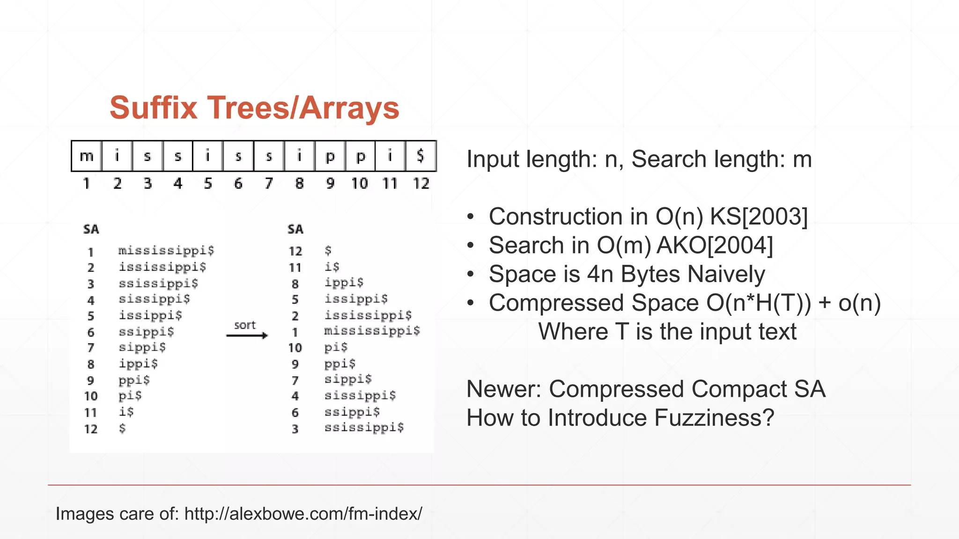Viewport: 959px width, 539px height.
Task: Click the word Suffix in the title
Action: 153,108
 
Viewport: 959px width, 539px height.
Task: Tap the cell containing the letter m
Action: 87,156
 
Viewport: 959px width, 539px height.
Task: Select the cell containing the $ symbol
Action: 420,156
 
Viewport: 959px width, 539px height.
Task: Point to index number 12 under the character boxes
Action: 420,183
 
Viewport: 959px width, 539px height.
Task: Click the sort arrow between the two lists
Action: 247,335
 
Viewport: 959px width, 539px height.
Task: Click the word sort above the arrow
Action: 245,325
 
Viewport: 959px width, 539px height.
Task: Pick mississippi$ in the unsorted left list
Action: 166,251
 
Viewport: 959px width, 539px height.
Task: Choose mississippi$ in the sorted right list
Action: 372,331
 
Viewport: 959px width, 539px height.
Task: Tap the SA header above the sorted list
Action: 295,229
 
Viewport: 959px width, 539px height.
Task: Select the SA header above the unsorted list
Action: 91,229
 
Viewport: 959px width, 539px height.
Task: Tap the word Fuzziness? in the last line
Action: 715,418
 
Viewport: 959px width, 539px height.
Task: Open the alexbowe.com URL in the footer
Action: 303,514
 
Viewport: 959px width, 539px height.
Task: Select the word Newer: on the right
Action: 504,389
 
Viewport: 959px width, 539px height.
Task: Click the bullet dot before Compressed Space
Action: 471,303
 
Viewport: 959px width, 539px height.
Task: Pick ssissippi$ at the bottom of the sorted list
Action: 364,428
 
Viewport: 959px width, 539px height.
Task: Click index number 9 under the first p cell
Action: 330,183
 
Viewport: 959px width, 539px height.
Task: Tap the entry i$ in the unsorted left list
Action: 126,412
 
